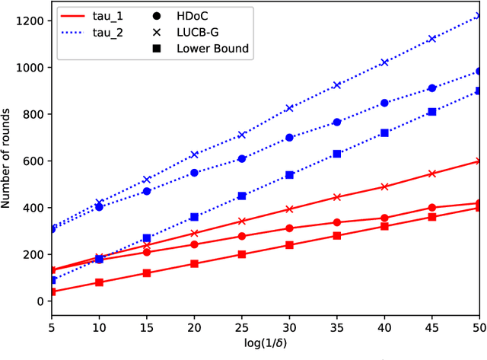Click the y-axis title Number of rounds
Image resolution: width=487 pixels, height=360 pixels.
pos(10,158)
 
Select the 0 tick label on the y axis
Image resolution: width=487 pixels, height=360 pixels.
pos(40,301)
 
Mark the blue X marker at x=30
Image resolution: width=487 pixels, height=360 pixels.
pos(289,108)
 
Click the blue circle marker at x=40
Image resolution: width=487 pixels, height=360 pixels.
pos(384,103)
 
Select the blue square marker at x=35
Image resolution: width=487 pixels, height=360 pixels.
pos(337,154)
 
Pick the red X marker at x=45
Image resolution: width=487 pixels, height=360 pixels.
pos(432,174)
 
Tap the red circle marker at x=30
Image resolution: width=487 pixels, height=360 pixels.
pos(289,228)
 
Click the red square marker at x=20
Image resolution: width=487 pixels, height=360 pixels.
pos(194,263)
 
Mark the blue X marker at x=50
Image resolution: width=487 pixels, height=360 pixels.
pos(479,15)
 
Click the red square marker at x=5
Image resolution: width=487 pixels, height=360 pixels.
pos(52,292)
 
